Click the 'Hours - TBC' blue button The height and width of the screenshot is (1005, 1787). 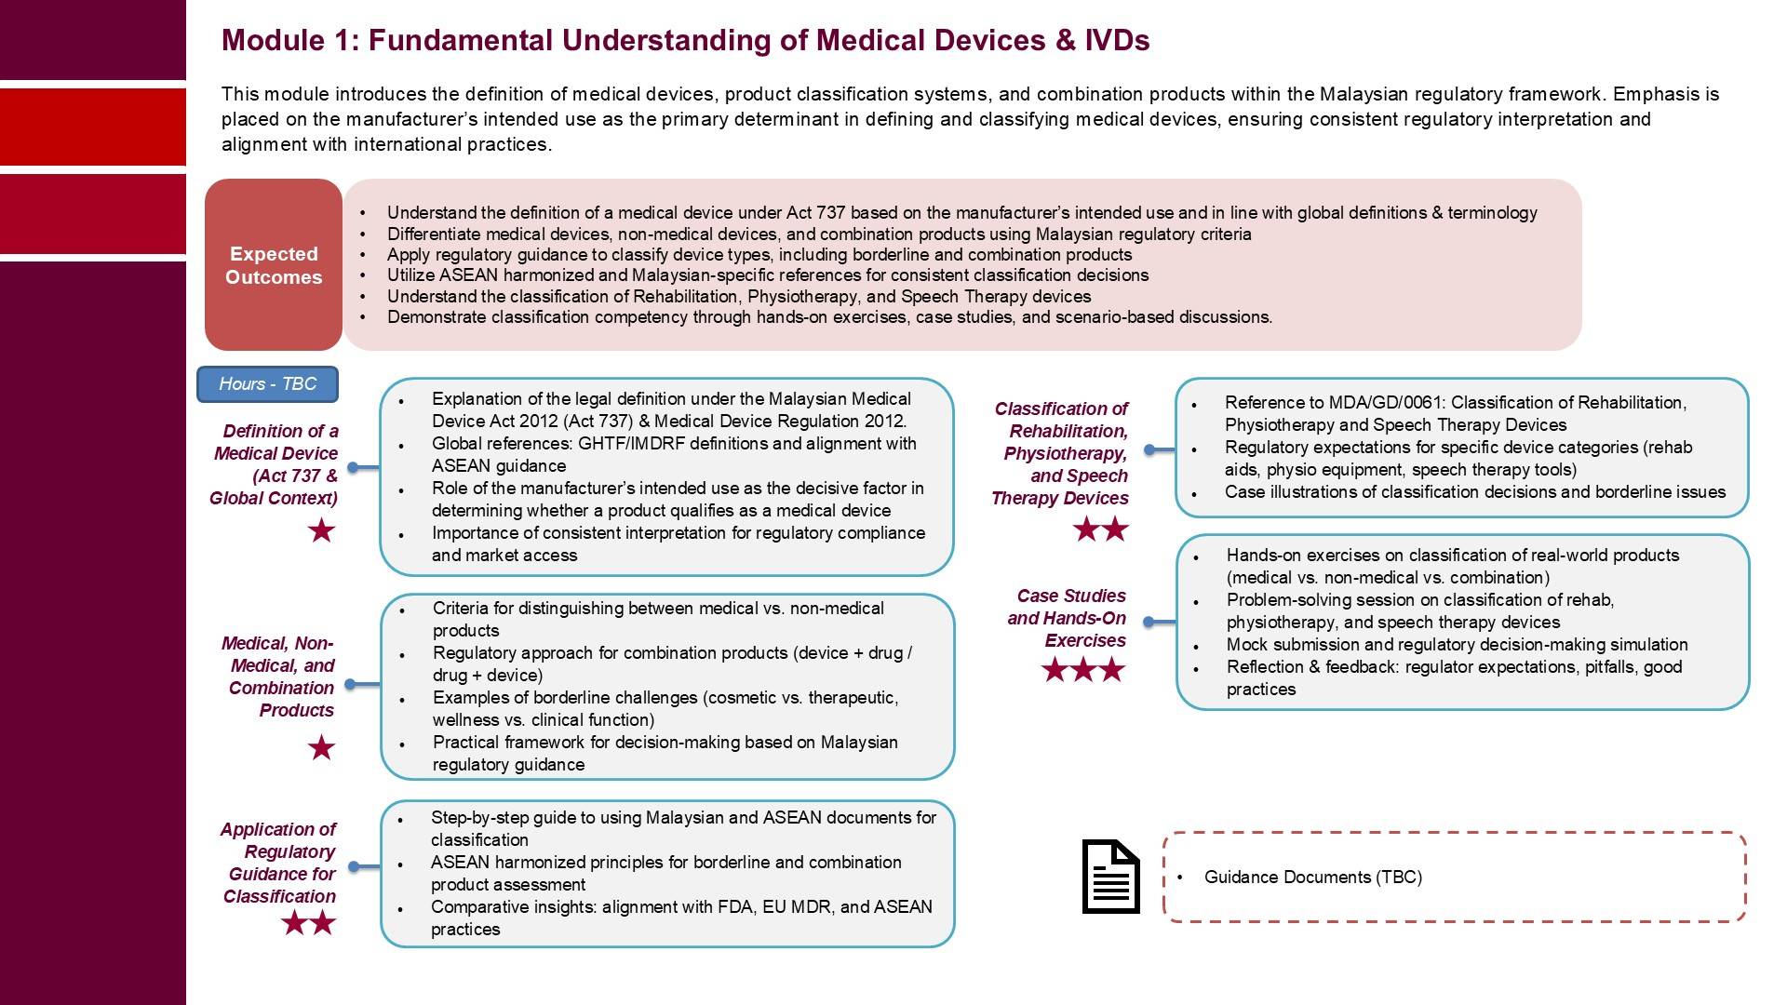[267, 384]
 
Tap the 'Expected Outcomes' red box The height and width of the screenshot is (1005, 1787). [274, 265]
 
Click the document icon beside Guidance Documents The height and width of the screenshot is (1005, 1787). [1110, 877]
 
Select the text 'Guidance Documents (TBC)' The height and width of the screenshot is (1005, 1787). [1312, 878]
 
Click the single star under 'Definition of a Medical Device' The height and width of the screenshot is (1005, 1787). [321, 531]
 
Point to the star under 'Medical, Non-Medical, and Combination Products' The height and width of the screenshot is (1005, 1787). [321, 747]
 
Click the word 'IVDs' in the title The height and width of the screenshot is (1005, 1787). [1117, 41]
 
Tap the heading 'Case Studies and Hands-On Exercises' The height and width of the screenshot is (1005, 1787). [1068, 618]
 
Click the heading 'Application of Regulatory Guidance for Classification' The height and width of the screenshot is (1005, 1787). [279, 863]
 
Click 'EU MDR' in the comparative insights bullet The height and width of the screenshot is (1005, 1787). [797, 907]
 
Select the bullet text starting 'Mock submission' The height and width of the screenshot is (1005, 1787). [1457, 645]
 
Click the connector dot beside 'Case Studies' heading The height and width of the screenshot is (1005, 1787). [1149, 622]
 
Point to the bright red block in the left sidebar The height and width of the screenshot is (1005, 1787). [93, 127]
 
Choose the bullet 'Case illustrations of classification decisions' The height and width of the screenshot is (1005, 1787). [1474, 492]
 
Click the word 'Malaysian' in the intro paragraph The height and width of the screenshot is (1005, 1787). [1361, 94]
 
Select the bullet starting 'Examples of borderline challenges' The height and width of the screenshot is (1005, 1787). [665, 709]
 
